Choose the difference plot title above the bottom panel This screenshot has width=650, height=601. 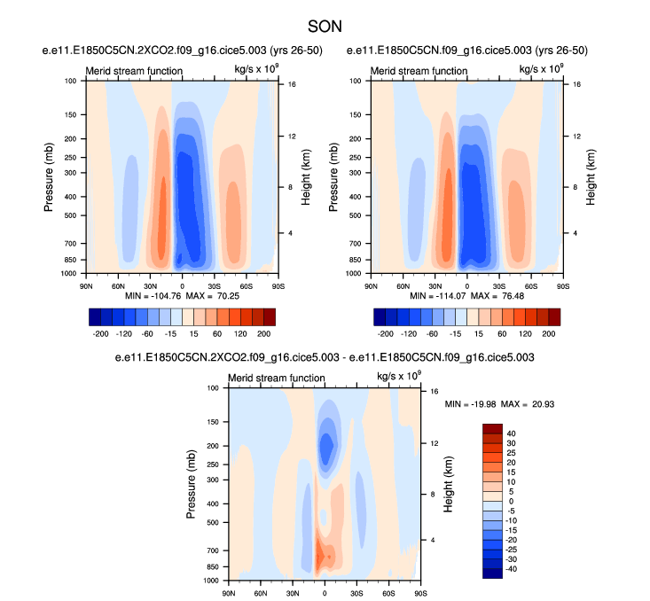pyautogui.click(x=325, y=357)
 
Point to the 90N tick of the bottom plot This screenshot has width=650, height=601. pyautogui.click(x=229, y=593)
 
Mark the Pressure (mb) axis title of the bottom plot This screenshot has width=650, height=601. pyautogui.click(x=192, y=484)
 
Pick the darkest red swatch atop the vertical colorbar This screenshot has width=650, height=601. pyautogui.click(x=492, y=429)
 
